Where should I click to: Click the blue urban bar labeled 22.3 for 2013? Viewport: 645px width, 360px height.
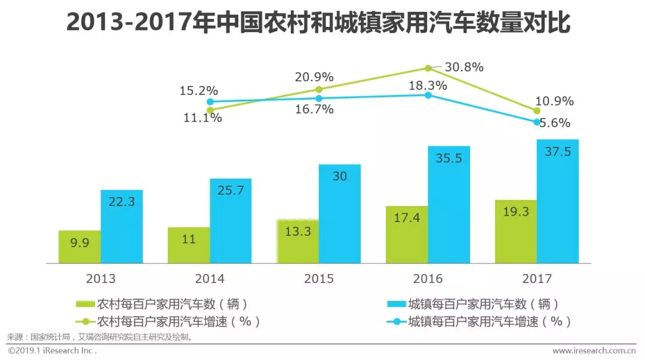click(x=122, y=226)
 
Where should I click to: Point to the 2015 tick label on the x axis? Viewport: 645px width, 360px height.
click(x=319, y=279)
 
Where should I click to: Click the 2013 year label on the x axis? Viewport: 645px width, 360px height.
click(x=100, y=279)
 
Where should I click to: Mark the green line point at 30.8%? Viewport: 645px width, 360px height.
click(x=428, y=68)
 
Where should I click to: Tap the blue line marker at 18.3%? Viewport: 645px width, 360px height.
click(x=428, y=95)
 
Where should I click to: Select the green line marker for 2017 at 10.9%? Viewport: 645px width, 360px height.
click(x=536, y=110)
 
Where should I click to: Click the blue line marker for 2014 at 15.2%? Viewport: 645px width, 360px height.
click(x=210, y=101)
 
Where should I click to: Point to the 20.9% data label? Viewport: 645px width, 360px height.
click(x=314, y=78)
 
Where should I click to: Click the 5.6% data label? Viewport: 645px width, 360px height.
click(x=555, y=123)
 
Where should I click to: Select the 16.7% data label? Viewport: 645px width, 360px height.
click(x=314, y=110)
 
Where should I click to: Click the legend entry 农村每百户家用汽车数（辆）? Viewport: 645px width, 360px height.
click(x=162, y=304)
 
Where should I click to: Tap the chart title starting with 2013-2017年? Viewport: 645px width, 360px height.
click(x=318, y=23)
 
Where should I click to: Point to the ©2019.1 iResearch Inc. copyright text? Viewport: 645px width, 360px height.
click(x=53, y=351)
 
